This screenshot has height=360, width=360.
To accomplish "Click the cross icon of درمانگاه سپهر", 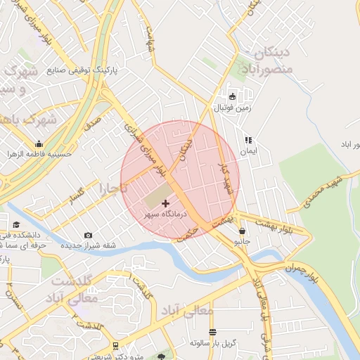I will click(x=165, y=203).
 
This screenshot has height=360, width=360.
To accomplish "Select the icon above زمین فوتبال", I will click(x=233, y=96).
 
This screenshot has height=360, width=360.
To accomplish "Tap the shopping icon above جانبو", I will click(x=243, y=231).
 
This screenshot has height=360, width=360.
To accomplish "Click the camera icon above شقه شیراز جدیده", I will click(x=88, y=235).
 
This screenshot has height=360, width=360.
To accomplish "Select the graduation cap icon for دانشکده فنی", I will click(x=16, y=224).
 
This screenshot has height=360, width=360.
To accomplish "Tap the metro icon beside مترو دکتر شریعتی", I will click(x=116, y=346).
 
